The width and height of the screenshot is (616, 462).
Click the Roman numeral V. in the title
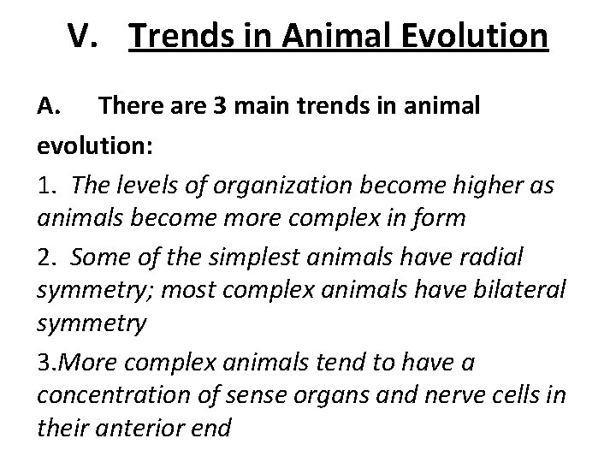pos(87,37)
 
